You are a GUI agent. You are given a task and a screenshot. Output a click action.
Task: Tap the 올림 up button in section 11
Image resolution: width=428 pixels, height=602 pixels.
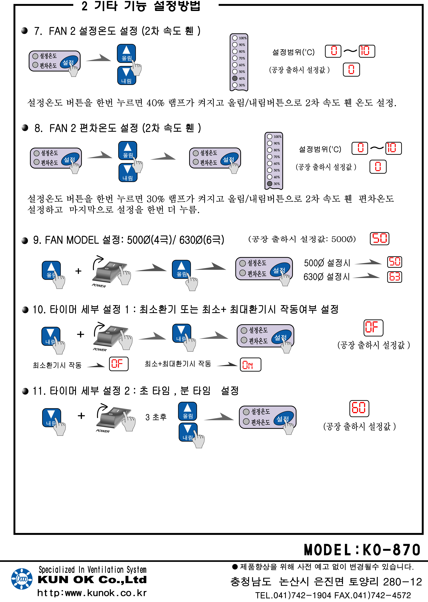point(187,411)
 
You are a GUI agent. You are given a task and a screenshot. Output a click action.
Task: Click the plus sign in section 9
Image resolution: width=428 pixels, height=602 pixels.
point(78,271)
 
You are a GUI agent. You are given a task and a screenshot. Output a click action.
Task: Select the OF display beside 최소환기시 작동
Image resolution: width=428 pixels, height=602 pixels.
point(119,364)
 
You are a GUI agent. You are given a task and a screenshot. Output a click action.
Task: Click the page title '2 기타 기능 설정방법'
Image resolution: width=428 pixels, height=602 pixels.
point(141,6)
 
